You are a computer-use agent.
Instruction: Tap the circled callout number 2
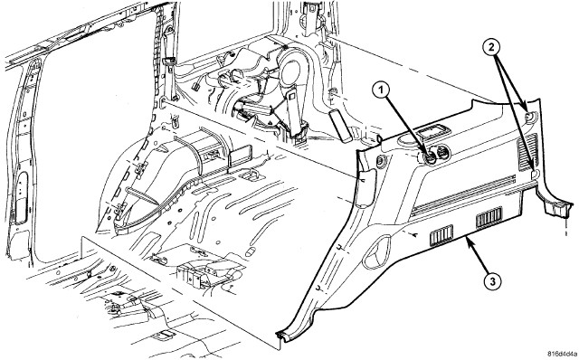491,47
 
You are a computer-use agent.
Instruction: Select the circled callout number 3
493,281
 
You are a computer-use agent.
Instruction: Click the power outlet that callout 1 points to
430,158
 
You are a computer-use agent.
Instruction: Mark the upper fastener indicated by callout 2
529,117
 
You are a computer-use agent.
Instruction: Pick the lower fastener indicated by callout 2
535,173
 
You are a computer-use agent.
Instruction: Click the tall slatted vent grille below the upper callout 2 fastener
528,152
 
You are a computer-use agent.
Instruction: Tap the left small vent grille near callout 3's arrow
441,235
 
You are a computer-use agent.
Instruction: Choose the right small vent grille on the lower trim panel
489,217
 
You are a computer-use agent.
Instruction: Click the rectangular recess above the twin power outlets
432,132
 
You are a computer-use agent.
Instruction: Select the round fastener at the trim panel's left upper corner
379,161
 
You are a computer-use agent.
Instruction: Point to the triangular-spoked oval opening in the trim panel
377,251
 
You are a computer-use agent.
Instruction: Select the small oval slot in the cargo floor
250,251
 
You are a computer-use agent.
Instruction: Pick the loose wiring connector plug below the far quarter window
195,87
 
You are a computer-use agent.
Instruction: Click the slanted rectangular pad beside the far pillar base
339,125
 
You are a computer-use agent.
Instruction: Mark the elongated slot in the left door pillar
22,198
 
